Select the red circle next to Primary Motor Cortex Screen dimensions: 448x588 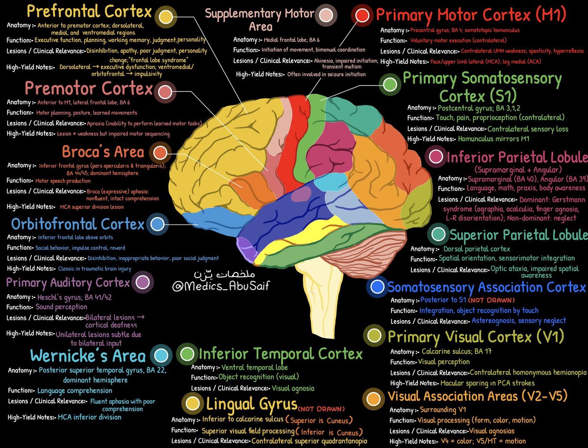tap(362, 15)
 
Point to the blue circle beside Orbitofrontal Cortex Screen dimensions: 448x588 tap(157, 224)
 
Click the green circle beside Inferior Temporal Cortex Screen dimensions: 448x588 tap(187, 353)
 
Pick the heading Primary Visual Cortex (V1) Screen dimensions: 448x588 tap(475, 336)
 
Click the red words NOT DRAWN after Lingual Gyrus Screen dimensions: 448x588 tap(321, 408)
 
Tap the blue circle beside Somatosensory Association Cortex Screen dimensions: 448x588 tap(377, 287)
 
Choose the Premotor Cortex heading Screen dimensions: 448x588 tap(89, 89)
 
